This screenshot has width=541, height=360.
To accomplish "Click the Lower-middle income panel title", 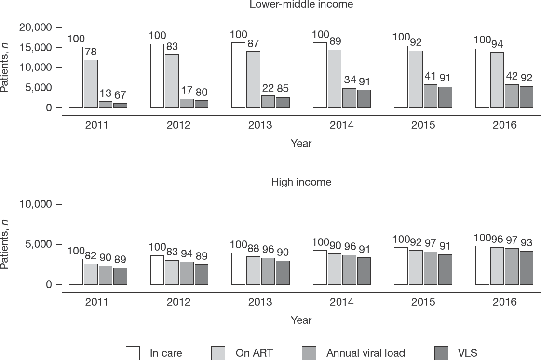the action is (x=301, y=4).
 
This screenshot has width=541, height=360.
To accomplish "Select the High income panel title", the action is (x=301, y=182).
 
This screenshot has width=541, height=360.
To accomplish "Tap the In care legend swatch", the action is (x=133, y=353).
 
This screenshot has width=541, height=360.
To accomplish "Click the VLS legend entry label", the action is (x=468, y=353).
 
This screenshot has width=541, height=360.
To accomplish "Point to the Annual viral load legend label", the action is (x=365, y=353).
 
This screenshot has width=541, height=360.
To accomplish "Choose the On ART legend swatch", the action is (x=218, y=353).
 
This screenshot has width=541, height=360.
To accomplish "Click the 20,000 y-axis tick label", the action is (x=36, y=27).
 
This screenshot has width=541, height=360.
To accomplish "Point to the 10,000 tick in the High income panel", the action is (x=36, y=204).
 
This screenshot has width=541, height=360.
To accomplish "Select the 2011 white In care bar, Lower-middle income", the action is (x=76, y=77).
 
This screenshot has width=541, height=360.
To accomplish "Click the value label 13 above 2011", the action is (x=105, y=93).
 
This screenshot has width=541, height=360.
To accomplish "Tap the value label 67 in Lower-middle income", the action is (x=120, y=95).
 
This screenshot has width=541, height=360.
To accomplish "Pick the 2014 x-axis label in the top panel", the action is (x=341, y=125).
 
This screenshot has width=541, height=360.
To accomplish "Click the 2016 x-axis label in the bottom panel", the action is (x=504, y=302).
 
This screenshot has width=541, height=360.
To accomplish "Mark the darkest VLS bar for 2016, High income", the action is (x=527, y=268).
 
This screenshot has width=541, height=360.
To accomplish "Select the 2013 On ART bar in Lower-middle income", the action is (x=254, y=80).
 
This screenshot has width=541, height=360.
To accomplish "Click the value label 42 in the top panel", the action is (x=512, y=76).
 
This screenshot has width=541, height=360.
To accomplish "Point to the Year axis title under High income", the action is (x=301, y=320).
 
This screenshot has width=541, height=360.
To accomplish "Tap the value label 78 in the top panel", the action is (x=91, y=52).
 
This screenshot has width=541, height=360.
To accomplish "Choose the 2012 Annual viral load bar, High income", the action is (x=187, y=273).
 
